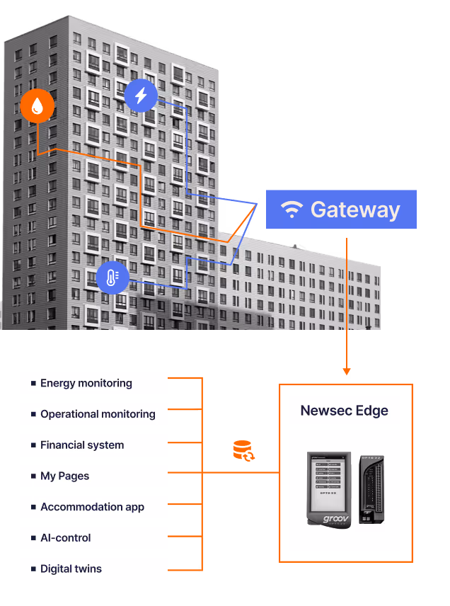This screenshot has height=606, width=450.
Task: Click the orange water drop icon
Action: (37, 106)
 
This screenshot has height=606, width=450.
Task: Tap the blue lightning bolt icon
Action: (141, 96)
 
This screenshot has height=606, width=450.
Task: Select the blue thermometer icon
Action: (112, 278)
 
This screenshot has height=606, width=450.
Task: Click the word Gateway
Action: (355, 210)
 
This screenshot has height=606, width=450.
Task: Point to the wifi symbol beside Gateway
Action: (292, 210)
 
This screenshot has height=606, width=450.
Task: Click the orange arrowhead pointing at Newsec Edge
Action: (346, 370)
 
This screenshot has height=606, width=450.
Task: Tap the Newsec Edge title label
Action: (345, 411)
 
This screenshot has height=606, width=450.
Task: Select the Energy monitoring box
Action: (93, 383)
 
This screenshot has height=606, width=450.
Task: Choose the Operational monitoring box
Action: (93, 414)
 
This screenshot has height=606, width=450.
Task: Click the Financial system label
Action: (82, 445)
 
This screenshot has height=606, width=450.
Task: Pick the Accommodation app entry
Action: (93, 507)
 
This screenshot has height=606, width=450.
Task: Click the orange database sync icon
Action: (243, 451)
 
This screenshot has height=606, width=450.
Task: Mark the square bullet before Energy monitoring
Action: (33, 383)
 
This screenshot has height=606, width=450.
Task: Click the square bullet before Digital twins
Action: (33, 568)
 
